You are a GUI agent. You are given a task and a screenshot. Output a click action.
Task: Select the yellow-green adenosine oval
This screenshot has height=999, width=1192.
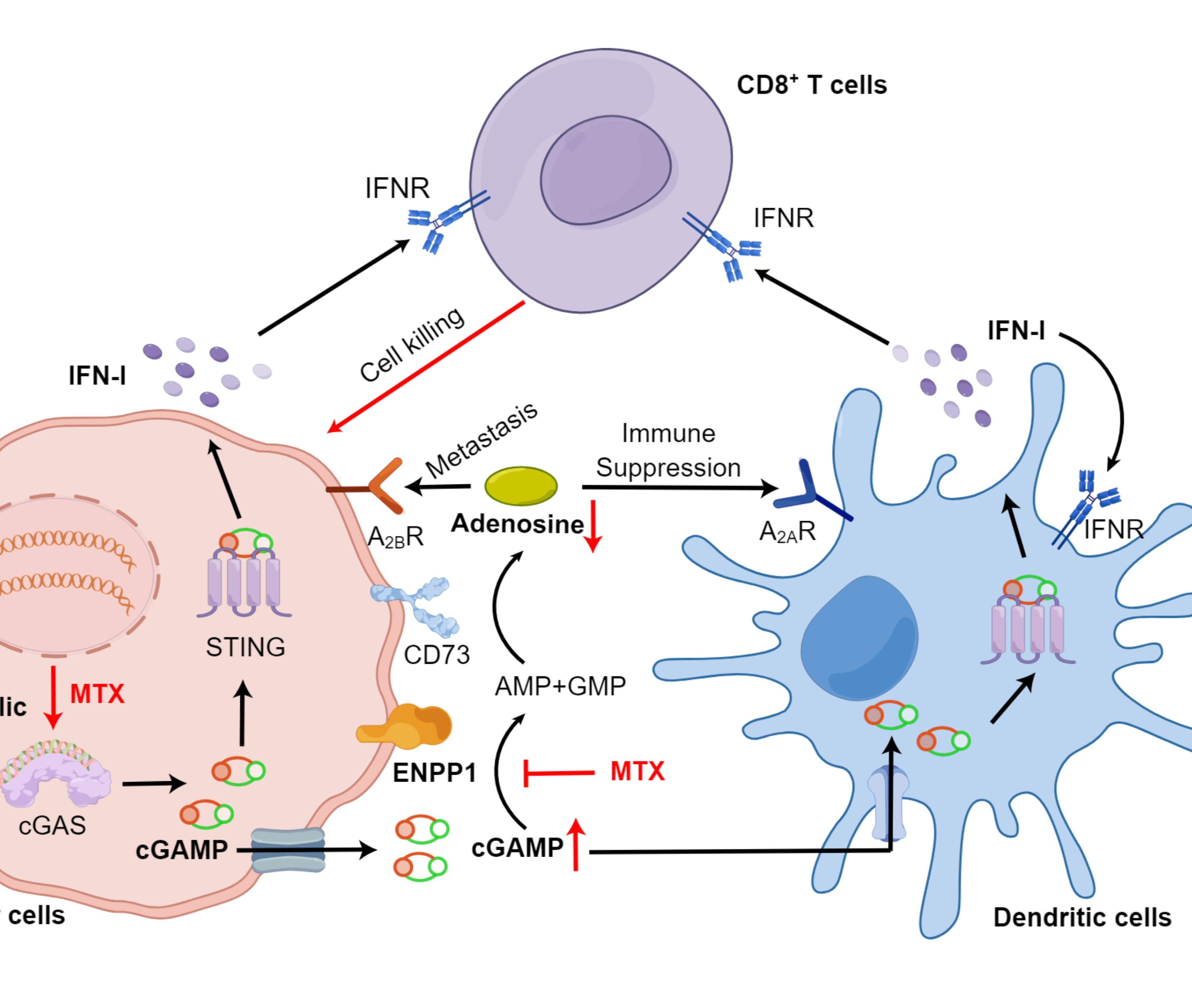click(x=521, y=486)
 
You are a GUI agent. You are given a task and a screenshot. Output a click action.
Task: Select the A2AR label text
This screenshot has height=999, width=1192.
click(x=787, y=532)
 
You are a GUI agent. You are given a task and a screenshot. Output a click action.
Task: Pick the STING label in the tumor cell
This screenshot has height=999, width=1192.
click(x=245, y=647)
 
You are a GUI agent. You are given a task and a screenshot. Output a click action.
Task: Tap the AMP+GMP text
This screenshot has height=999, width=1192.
click(x=560, y=686)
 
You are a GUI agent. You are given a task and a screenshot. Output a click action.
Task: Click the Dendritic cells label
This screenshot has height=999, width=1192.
click(x=1082, y=917)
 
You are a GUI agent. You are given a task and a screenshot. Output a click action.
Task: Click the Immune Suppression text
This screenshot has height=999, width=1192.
click(x=668, y=451)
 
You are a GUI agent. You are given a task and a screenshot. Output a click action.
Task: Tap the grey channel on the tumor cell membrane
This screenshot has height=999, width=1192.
click(x=289, y=850)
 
